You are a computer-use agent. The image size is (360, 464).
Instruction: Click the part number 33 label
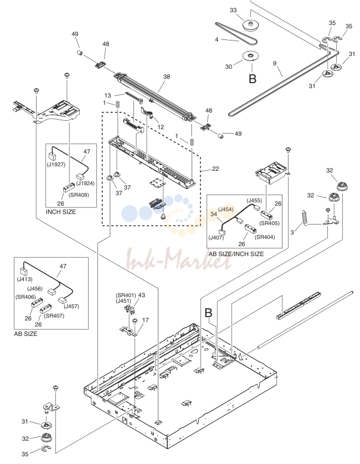pyautogui.click(x=233, y=10)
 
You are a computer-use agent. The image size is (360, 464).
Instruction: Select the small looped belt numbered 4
pyautogui.click(x=236, y=33)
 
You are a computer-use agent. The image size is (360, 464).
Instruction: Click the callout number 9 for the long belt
pyautogui.click(x=275, y=63)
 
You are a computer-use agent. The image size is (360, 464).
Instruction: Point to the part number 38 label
pyautogui.click(x=167, y=77)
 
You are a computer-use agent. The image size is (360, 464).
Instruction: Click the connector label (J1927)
pyautogui.click(x=56, y=165)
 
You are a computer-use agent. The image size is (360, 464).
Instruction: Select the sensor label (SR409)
pyautogui.click(x=79, y=195)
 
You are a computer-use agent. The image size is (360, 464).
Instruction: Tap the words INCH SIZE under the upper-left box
pyautogui.click(x=61, y=212)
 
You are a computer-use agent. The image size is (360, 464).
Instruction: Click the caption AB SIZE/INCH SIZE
pyautogui.click(x=236, y=254)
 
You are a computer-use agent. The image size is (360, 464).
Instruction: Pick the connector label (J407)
pyautogui.click(x=216, y=238)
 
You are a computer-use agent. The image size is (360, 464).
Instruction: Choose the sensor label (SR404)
pyautogui.click(x=265, y=237)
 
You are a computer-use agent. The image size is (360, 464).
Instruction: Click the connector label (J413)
pyautogui.click(x=24, y=279)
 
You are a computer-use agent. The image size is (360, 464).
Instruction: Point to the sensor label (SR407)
pyautogui.click(x=54, y=316)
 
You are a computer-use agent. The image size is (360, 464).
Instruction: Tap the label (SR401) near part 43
pyautogui.click(x=126, y=295)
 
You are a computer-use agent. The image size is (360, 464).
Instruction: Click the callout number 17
pyautogui.click(x=146, y=320)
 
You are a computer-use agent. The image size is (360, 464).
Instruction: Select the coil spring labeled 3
pyautogui.click(x=305, y=218)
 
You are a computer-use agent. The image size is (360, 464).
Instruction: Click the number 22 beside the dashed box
pyautogui.click(x=215, y=169)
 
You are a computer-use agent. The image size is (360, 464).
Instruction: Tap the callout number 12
pyautogui.click(x=161, y=127)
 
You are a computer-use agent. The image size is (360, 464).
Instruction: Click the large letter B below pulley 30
pyautogui.click(x=253, y=79)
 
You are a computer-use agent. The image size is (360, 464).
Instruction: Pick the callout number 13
pyautogui.click(x=107, y=95)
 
